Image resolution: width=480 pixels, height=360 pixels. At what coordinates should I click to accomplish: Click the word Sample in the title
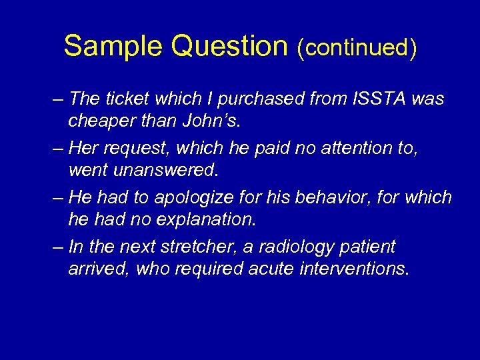coord(113,46)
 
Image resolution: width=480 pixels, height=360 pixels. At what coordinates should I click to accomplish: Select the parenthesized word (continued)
coord(357,47)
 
